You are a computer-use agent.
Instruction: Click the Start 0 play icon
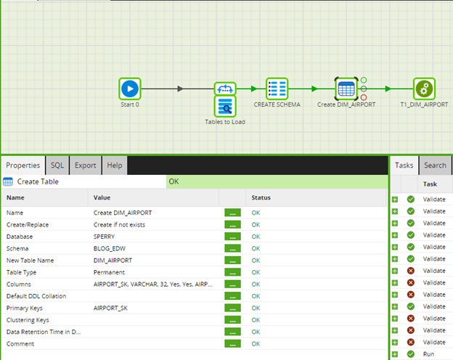coord(130,89)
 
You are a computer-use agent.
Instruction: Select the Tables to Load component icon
coord(225,107)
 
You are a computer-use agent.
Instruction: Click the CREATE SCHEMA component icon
coord(277,89)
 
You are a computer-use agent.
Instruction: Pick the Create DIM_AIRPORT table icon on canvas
coord(346,89)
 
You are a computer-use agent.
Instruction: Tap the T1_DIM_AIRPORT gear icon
coord(424,89)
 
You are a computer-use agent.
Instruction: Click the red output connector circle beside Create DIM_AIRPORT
coord(364,98)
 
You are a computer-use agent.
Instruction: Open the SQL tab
coord(57,165)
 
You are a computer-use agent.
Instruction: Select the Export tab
coord(85,165)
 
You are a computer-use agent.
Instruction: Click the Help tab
coord(115,165)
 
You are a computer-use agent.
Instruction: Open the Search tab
coord(435,165)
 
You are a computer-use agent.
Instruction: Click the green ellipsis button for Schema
coord(232,248)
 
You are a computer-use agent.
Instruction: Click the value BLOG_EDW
coord(110,248)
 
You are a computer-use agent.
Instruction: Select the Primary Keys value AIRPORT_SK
coord(110,308)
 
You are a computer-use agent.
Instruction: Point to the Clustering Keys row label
coord(28,320)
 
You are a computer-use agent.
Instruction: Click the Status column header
coord(261,197)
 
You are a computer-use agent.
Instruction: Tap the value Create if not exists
coord(119,225)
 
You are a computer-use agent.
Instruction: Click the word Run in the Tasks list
coord(429,354)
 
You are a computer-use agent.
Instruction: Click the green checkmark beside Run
coord(411,354)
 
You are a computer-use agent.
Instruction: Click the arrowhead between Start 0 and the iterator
coord(180,89)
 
